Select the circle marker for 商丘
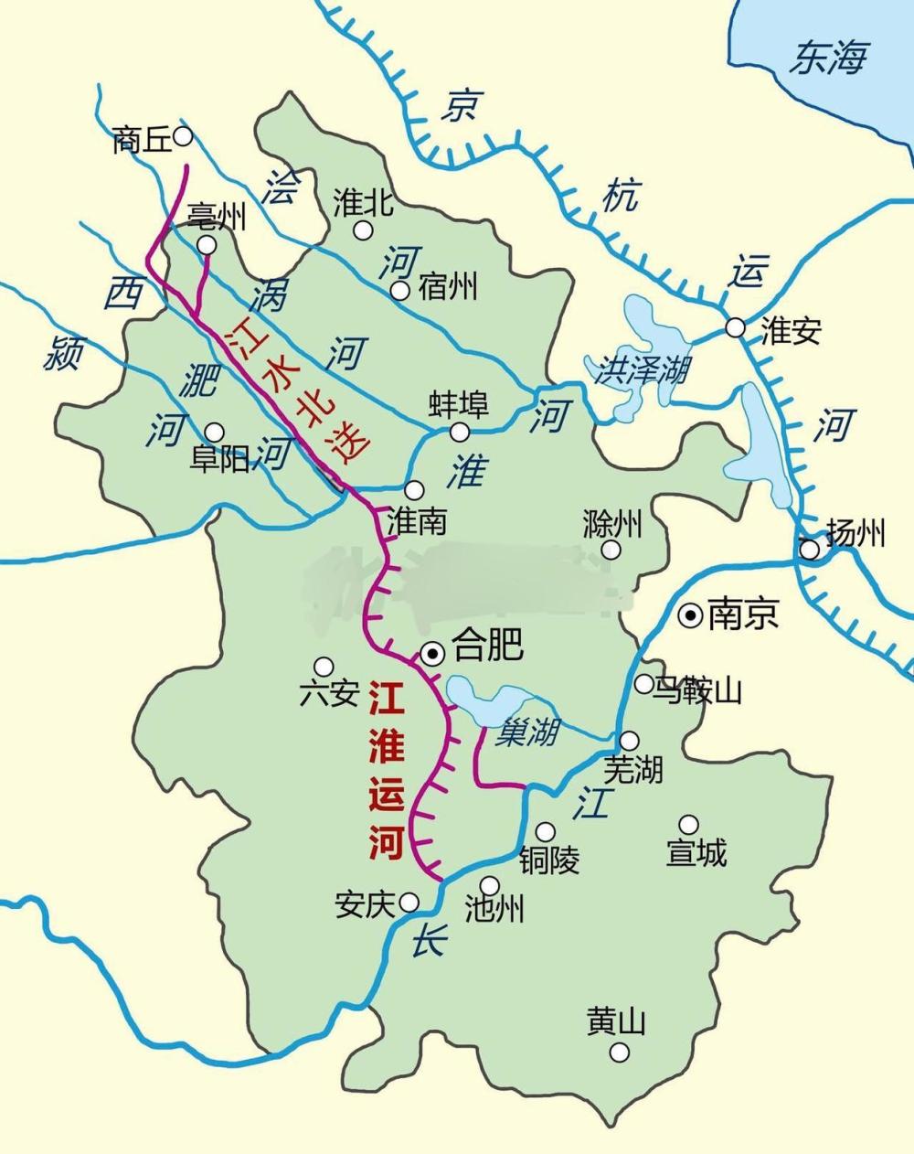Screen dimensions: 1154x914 click(183, 136)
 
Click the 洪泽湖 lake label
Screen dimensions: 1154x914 click(643, 370)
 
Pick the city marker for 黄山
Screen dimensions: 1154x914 click(620, 1052)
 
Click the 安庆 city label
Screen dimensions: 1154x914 click(363, 904)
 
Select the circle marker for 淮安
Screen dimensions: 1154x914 click(735, 327)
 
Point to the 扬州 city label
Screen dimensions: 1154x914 click(856, 532)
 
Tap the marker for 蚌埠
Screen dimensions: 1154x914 click(460, 431)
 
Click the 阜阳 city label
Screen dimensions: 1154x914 click(218, 460)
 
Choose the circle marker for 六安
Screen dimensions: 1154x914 click(324, 666)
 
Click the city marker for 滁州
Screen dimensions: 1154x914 click(611, 550)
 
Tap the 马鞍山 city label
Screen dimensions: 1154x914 click(700, 690)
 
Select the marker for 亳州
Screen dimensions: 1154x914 click(207, 245)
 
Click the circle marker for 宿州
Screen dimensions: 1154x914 click(399, 291)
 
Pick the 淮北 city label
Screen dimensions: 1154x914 click(363, 203)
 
